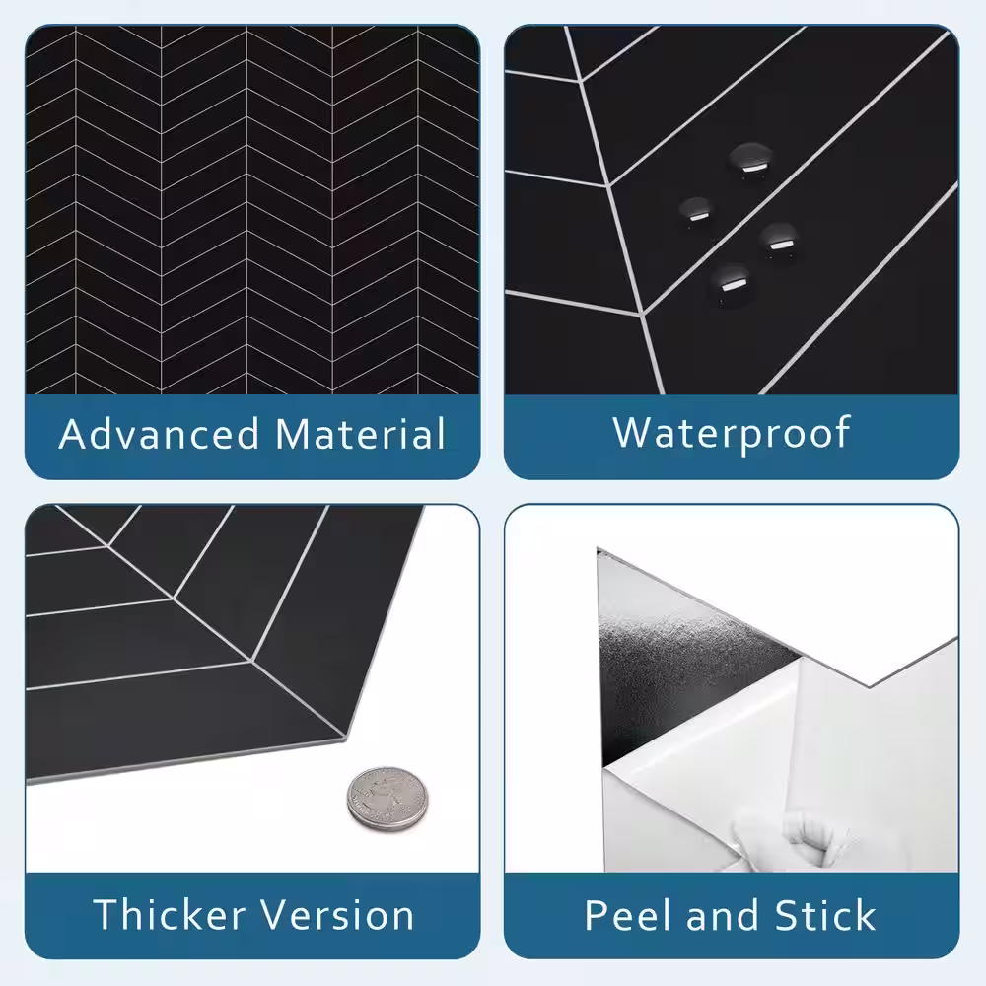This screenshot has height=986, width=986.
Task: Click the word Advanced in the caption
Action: pos(159,433)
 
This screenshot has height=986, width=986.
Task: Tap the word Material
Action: pos(360,433)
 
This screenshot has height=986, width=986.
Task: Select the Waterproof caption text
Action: pos(732,435)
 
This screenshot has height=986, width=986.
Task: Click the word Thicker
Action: pos(170,914)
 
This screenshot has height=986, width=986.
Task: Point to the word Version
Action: pos(337,914)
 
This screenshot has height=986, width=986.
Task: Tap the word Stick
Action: pos(825,915)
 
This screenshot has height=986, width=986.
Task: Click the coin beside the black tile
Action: pos(387,799)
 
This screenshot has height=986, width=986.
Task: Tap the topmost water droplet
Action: pos(750,161)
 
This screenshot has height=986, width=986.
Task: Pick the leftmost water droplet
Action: pos(697,212)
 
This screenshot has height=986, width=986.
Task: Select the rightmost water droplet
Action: pos(779,242)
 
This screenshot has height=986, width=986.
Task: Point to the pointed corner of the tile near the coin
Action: pos(345,739)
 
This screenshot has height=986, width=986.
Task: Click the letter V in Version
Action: pos(275,914)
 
